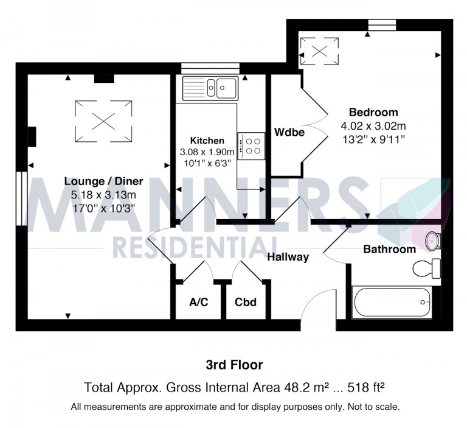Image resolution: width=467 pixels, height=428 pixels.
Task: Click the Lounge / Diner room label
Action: coord(103,181)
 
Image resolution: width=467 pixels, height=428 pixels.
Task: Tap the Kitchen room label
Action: coord(207,141)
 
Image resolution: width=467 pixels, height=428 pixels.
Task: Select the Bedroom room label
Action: coord(373,113)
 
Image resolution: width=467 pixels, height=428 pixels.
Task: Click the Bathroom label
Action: coord(389,249)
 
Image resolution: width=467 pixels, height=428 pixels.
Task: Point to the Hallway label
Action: coord(288,257)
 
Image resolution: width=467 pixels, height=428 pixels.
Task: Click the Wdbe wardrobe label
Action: coord(289,132)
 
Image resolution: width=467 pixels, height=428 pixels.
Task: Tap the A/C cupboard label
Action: coord(199,302)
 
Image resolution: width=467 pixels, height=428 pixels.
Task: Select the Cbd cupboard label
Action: coord(246,302)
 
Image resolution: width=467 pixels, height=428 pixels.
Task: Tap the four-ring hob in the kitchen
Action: coord(251,146)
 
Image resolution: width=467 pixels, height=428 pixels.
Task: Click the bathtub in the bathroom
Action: coord(392,302)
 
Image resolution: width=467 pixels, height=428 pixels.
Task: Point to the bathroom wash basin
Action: coord(432,239)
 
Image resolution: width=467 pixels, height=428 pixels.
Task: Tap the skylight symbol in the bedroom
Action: coord(320,51)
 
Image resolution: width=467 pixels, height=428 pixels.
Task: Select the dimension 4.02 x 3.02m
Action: coord(373,126)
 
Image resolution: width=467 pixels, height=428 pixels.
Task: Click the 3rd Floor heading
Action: coord(233,365)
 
